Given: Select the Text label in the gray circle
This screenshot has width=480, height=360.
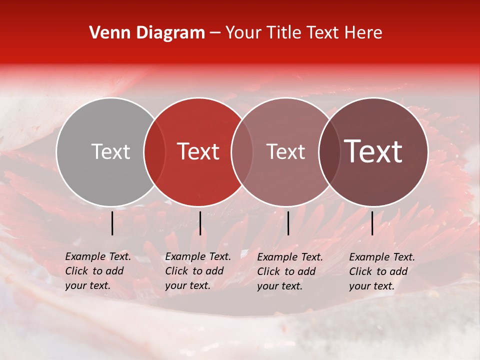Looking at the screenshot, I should [110, 151].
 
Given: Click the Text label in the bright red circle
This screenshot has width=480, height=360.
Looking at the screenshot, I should [198, 151].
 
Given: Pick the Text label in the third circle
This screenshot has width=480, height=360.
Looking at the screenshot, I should [285, 151].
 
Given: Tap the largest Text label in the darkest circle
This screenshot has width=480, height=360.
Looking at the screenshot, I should [373, 151].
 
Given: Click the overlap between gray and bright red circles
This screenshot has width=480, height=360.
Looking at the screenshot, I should [154, 151].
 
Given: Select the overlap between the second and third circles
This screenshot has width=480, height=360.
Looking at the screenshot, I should [242, 151].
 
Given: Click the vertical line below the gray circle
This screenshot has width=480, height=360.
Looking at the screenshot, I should [112, 223].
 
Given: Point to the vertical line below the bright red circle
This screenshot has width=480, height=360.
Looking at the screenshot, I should [200, 223].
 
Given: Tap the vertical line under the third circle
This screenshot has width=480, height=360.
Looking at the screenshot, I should [288, 223].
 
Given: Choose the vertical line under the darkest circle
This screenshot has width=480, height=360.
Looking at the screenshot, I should [372, 223].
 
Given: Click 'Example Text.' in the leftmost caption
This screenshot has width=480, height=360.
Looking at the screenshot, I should [98, 256].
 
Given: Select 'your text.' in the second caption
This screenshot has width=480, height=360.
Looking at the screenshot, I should [187, 285].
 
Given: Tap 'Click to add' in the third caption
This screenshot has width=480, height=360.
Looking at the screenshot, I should [286, 271].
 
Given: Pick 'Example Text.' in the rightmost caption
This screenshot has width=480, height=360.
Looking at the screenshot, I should [382, 257].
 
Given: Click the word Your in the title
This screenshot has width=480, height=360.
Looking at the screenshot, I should [242, 33].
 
